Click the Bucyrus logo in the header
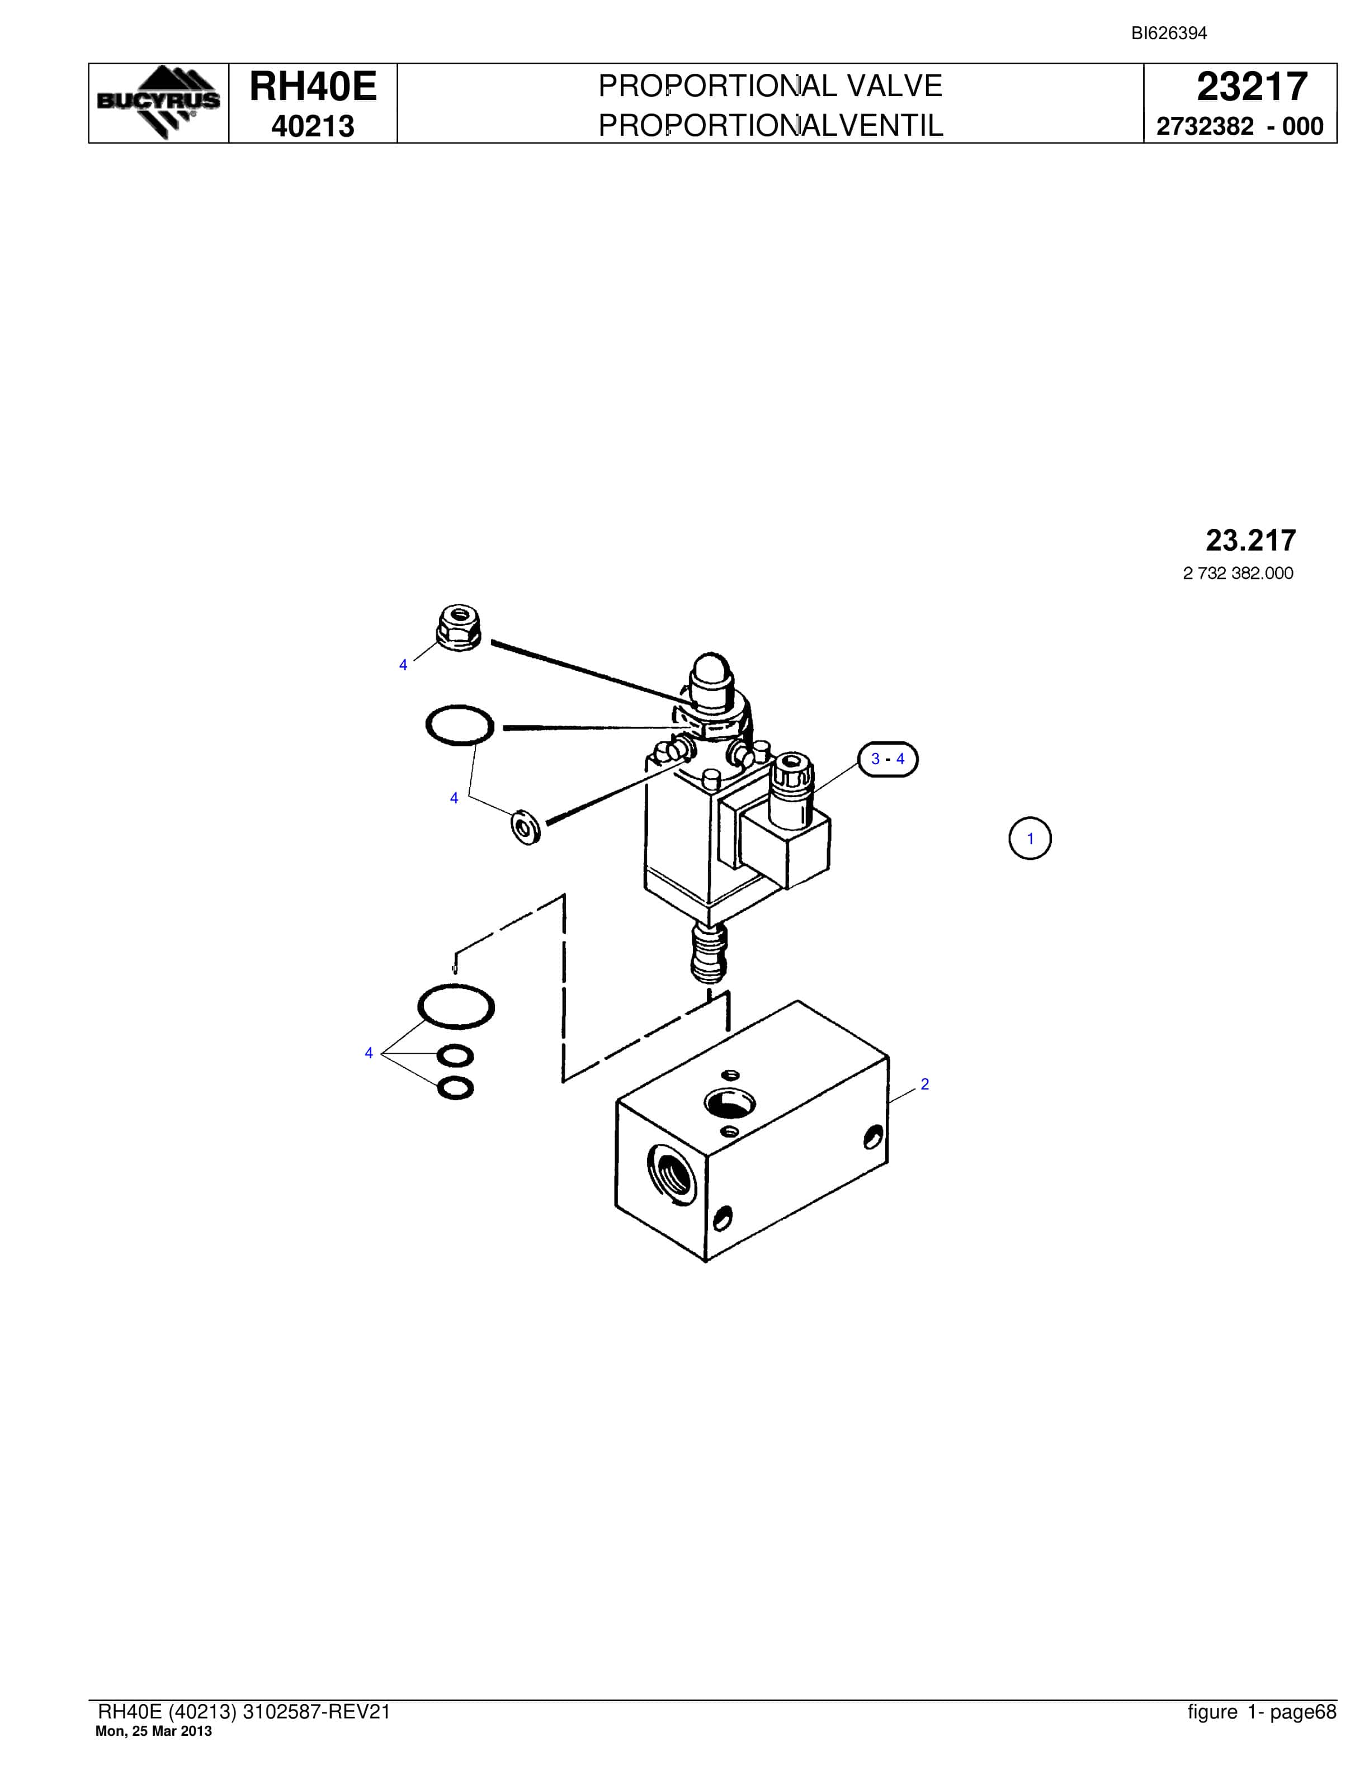pos(158,102)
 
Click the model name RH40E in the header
pos(313,86)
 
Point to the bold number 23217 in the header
pos(1252,87)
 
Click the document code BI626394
pos(1169,33)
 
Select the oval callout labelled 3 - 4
pos(888,759)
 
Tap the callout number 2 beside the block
pos(924,1084)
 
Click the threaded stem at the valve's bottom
pos(709,953)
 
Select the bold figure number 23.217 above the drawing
pos(1250,540)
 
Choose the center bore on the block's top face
pos(730,1103)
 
